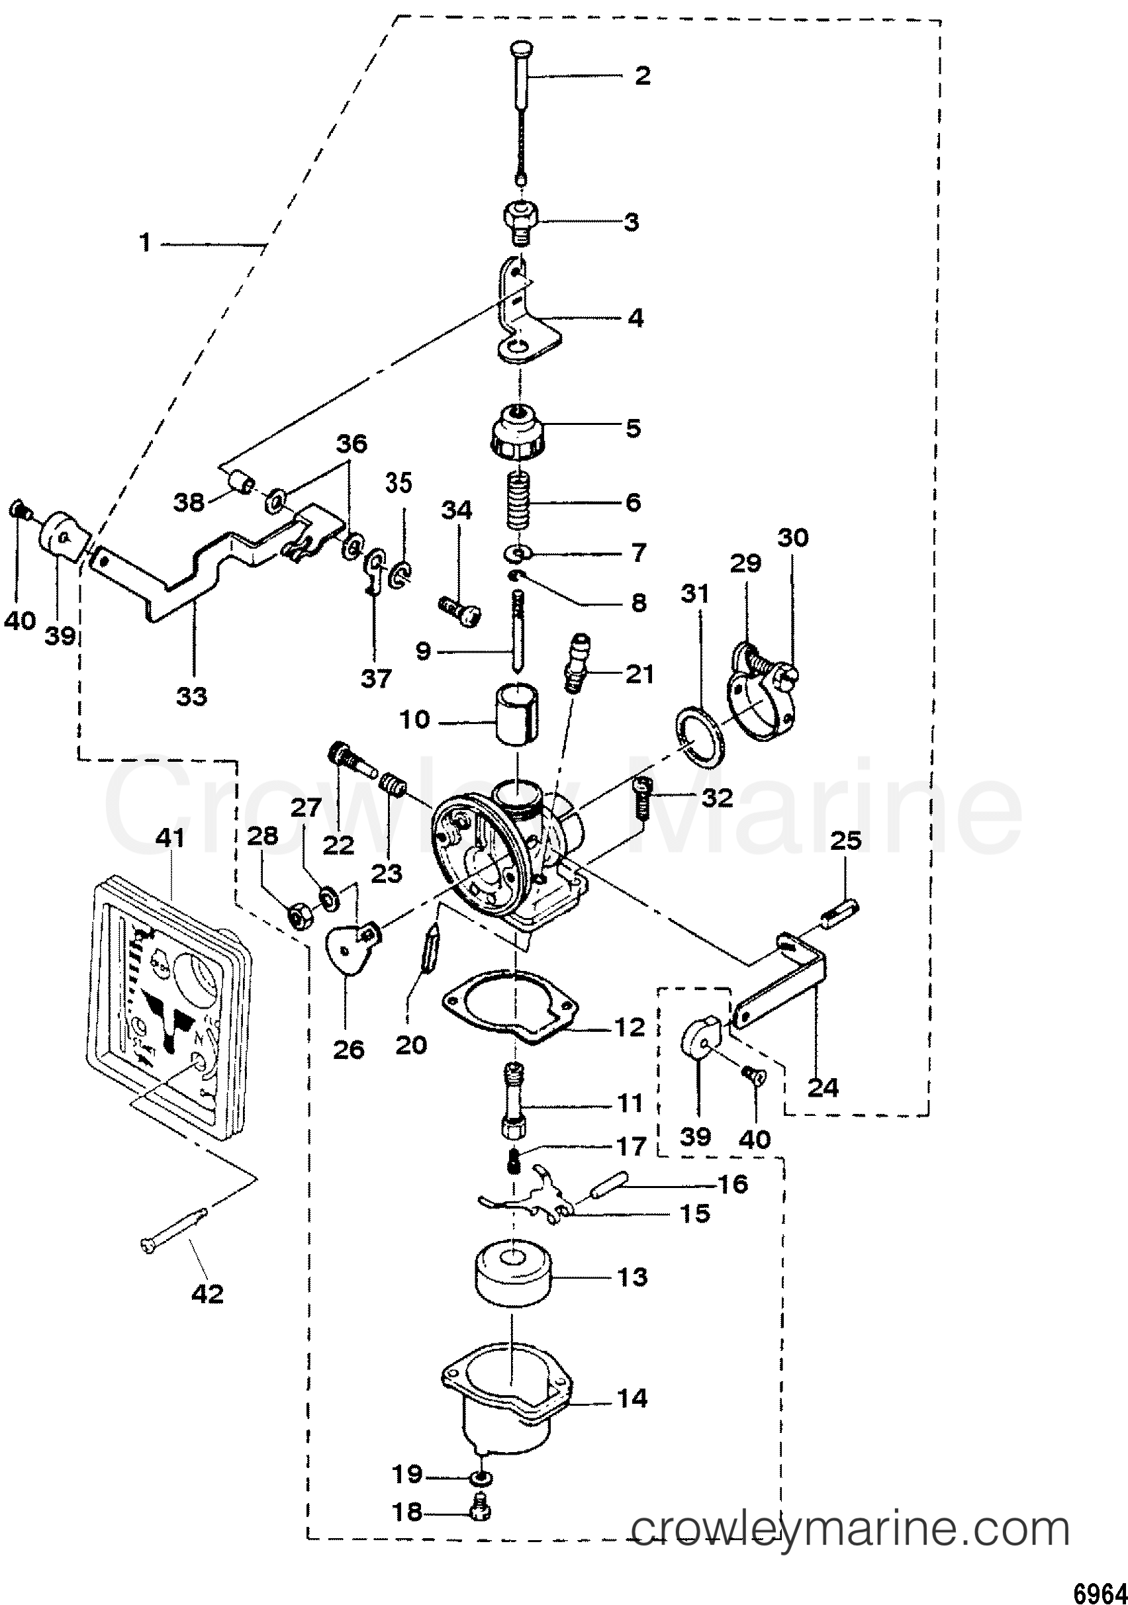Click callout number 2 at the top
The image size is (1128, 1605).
click(641, 75)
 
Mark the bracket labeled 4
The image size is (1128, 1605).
click(526, 312)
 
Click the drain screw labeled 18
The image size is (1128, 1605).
click(482, 1513)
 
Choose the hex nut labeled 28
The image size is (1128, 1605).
click(299, 913)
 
